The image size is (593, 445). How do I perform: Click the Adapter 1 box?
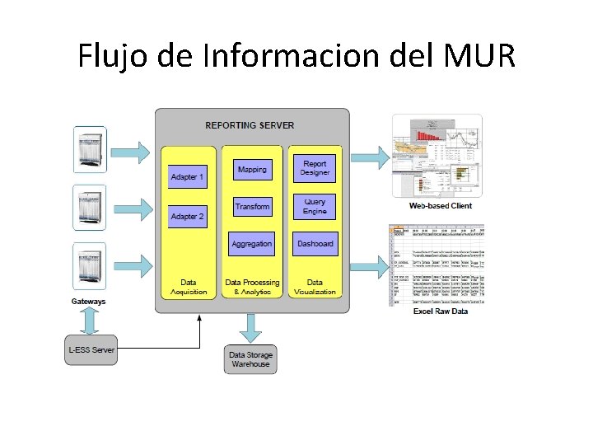click(x=188, y=176)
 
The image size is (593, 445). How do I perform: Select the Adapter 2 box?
click(x=188, y=216)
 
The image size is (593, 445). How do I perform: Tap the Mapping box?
click(x=252, y=170)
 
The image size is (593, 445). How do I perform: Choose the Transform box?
click(x=252, y=206)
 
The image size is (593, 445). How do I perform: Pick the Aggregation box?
click(x=252, y=244)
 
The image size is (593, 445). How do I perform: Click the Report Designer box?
click(x=315, y=169)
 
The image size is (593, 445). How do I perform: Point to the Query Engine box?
click(x=315, y=206)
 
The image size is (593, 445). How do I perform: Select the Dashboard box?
click(x=315, y=244)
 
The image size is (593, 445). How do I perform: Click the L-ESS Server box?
click(x=91, y=349)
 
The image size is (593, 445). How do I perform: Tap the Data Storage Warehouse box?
click(x=251, y=359)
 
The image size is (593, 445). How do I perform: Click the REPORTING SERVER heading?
click(x=250, y=125)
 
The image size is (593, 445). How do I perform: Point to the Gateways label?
click(x=89, y=302)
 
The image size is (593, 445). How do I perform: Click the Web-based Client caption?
click(x=441, y=206)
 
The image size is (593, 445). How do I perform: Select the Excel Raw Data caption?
click(x=441, y=311)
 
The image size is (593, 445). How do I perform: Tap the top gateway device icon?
click(x=90, y=149)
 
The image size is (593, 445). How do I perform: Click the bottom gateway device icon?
click(x=90, y=265)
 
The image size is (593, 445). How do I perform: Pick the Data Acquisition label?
click(x=189, y=287)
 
